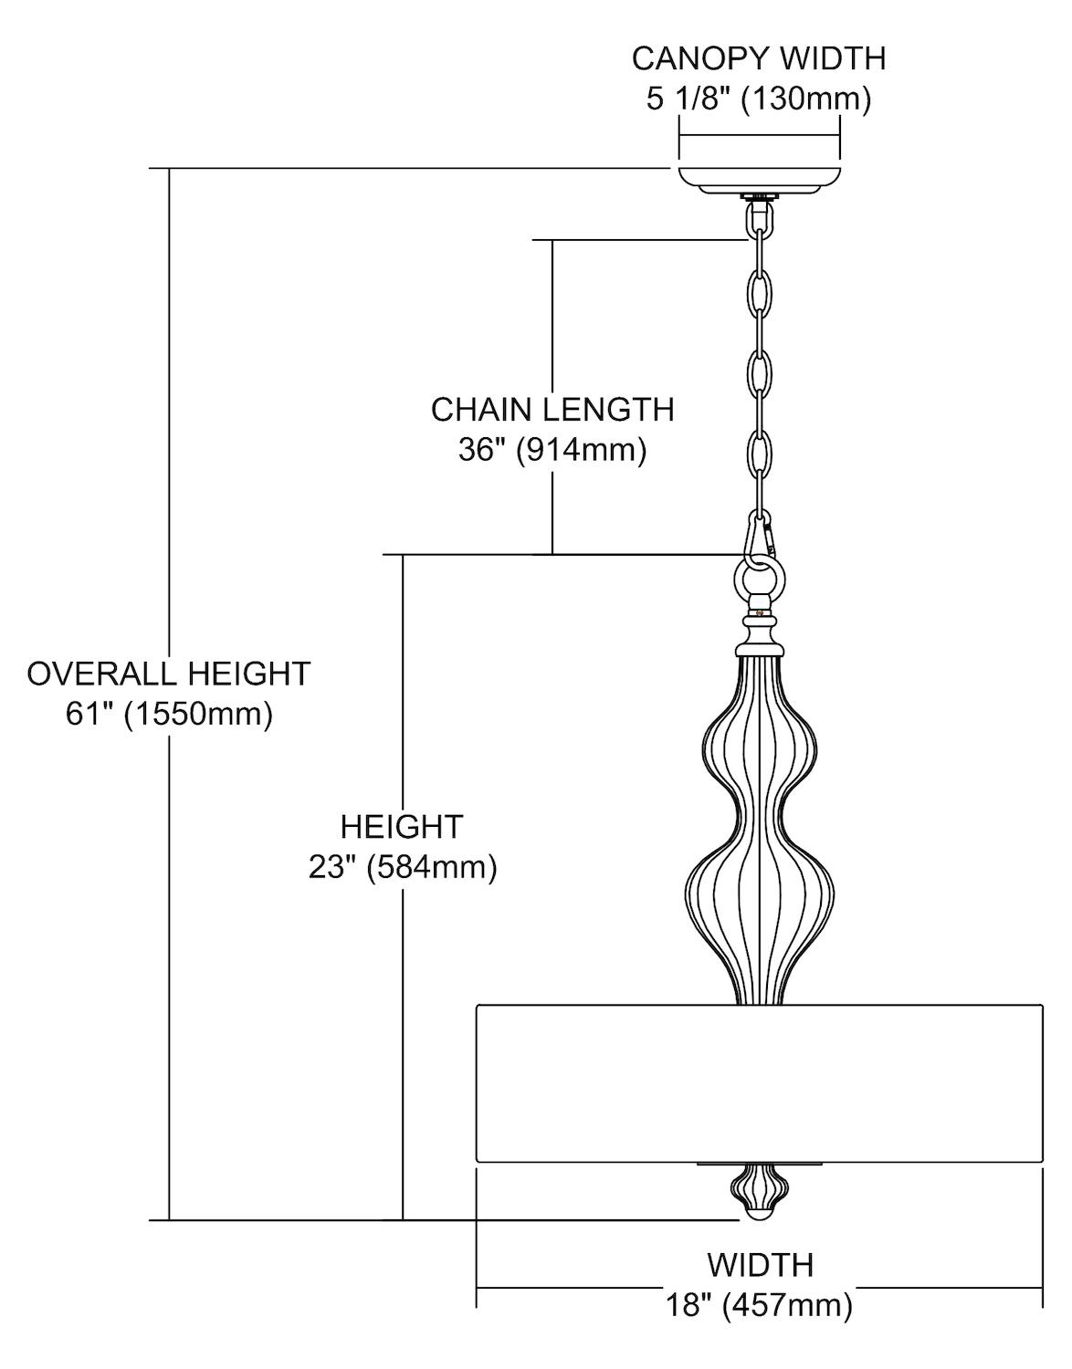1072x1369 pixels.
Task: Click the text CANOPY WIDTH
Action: click(x=759, y=58)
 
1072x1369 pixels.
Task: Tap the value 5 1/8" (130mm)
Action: click(x=759, y=98)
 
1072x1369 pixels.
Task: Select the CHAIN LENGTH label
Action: click(x=552, y=410)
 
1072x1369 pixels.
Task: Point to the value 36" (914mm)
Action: click(x=552, y=450)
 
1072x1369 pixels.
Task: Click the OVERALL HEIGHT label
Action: click(x=169, y=674)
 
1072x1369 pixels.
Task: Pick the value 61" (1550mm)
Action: click(x=169, y=714)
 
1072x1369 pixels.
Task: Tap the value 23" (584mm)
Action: click(x=403, y=866)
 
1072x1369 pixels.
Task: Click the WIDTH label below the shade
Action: click(x=760, y=1265)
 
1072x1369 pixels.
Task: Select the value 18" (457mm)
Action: click(x=760, y=1305)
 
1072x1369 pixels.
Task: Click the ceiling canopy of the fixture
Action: click(x=759, y=178)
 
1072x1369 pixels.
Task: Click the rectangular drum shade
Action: click(x=759, y=1083)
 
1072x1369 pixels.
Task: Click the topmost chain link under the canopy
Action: click(x=759, y=220)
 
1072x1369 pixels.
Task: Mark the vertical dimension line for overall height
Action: click(x=169, y=456)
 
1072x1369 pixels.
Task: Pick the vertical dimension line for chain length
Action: click(x=552, y=319)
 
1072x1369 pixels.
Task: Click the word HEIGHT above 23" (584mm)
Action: click(x=402, y=827)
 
